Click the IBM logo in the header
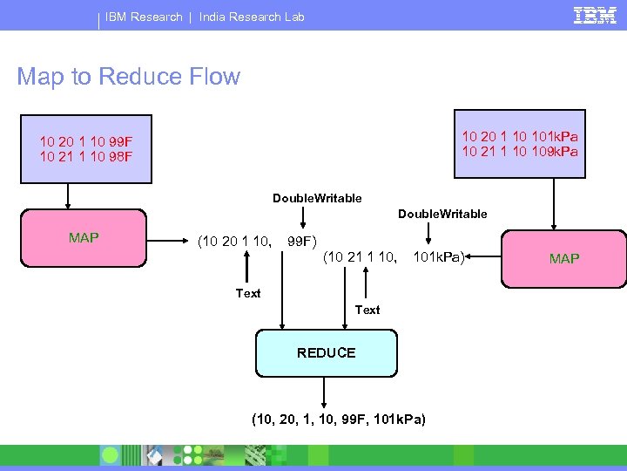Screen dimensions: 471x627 point(596,16)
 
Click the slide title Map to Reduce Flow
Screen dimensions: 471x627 point(128,77)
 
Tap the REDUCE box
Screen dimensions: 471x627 point(326,352)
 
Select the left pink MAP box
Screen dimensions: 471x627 point(84,237)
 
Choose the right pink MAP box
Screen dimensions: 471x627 point(563,258)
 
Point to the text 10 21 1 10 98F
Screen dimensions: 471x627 point(86,156)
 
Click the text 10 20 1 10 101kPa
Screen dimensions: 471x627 point(520,136)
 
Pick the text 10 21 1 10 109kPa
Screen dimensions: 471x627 point(520,151)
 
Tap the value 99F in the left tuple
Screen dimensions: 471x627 point(302,240)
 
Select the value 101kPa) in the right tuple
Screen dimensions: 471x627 point(441,256)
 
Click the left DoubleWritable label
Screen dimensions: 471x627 point(317,198)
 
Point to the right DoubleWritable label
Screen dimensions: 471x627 point(442,214)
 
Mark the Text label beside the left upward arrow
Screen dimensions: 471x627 point(248,293)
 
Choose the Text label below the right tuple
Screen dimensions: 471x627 point(367,309)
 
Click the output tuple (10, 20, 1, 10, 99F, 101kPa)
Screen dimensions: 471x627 point(339,420)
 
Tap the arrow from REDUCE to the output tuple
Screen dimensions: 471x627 point(324,391)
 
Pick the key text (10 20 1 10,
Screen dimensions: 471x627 point(234,240)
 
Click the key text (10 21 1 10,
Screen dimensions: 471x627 point(361,256)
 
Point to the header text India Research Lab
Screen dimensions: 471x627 point(252,17)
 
